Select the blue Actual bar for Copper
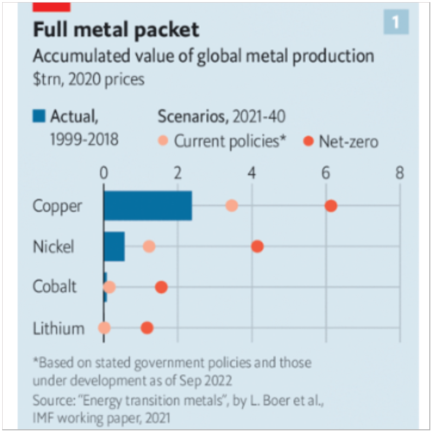tap(148, 205)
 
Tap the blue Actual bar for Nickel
tap(114, 247)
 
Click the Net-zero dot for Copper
tap(331, 205)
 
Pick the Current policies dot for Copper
tap(231, 205)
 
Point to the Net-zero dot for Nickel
tap(257, 247)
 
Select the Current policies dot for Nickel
tap(149, 247)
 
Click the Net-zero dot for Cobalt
tap(161, 287)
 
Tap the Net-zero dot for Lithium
tap(147, 328)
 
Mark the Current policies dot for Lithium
tap(104, 328)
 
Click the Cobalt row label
tap(55, 287)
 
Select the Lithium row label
tap(58, 328)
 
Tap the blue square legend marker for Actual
tap(39, 116)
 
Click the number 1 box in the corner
tap(396, 22)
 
